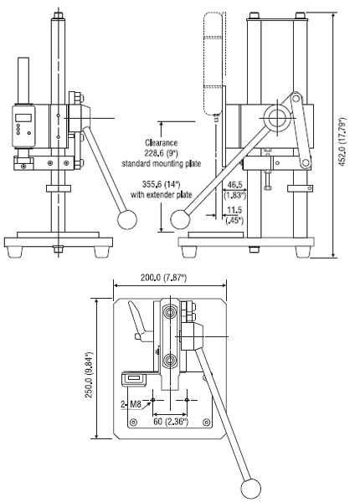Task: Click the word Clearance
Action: pos(161,143)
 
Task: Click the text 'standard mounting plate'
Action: pos(161,163)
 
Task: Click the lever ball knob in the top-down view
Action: pos(250,488)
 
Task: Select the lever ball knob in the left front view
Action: pos(126,219)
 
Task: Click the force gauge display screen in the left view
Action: pos(23,116)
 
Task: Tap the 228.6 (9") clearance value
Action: pos(161,153)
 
